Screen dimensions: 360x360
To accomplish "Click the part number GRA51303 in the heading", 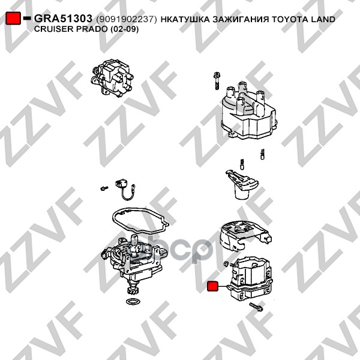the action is [63, 19].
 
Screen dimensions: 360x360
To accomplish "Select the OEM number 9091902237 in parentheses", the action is [127, 19].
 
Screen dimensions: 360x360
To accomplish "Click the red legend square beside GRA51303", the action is [13, 19].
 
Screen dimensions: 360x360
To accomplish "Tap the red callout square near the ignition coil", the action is [212, 286].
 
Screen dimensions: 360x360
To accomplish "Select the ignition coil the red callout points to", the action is [251, 279].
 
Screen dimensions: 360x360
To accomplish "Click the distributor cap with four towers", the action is [249, 110].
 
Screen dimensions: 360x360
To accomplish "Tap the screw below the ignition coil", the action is [256, 307].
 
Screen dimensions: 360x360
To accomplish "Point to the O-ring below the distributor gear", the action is [133, 301].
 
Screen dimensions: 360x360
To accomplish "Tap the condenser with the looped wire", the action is [125, 189].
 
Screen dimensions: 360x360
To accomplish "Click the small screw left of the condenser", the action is [104, 188].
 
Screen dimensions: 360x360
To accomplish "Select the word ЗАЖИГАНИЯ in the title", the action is [241, 19].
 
